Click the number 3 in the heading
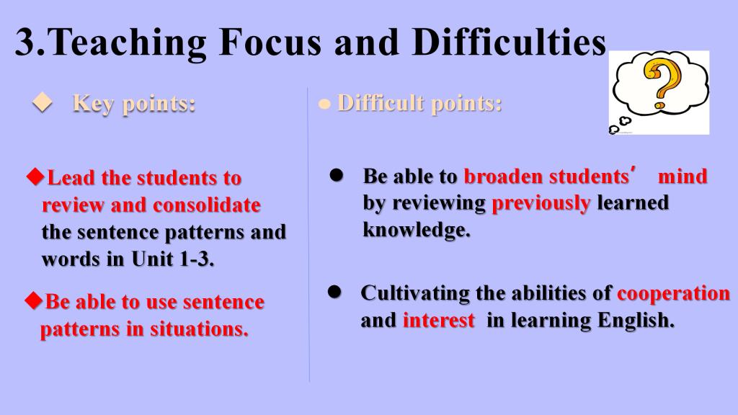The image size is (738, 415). pos(26,43)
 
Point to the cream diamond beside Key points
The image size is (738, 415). pos(43,102)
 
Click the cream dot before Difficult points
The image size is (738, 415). pos(324,104)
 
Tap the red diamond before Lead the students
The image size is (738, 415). pos(35,177)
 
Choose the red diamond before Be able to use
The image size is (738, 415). pos(34,300)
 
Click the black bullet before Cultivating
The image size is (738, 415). pos(334,292)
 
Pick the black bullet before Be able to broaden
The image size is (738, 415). pos(336,175)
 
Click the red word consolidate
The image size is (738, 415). pos(207,205)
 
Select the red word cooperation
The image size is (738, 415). pos(674,294)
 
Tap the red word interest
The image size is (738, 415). pos(439,321)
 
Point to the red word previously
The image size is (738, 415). pos(541,204)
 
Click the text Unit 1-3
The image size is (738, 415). pos(173,259)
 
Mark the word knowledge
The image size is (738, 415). pos(417,230)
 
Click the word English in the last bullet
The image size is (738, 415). pos(636,321)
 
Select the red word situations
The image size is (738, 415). pos(199,329)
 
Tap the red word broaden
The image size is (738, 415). pos(503,177)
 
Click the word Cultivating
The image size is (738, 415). pos(415,293)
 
